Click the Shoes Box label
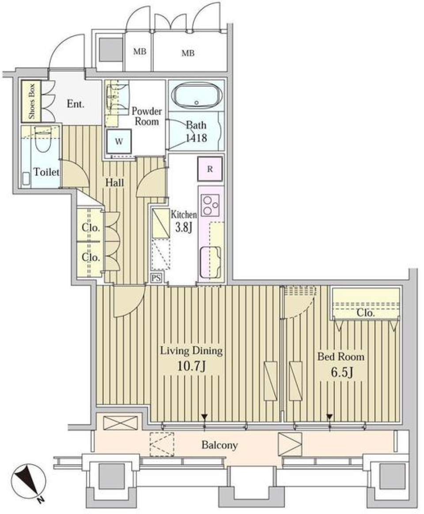point(32,102)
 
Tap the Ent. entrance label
point(76,104)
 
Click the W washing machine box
point(119,142)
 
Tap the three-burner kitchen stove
point(210,204)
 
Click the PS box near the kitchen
point(155,278)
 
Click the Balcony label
point(220,445)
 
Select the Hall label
point(114,182)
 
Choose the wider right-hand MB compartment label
point(188,53)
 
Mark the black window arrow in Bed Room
point(329,417)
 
